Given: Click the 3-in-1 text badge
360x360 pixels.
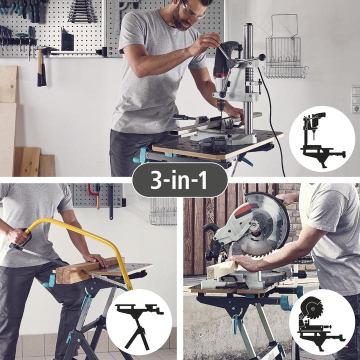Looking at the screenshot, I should point(180,179).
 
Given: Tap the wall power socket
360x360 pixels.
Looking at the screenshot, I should point(355,99).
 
